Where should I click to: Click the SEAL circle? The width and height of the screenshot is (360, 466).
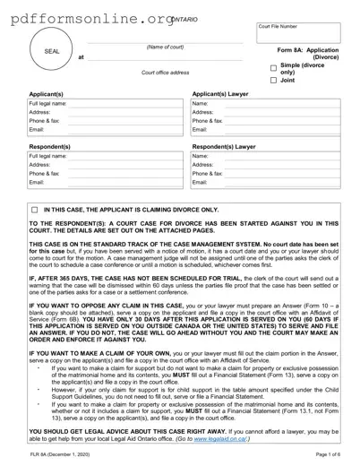tap(52, 52)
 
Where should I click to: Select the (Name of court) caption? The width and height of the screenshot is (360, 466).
tap(165, 47)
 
